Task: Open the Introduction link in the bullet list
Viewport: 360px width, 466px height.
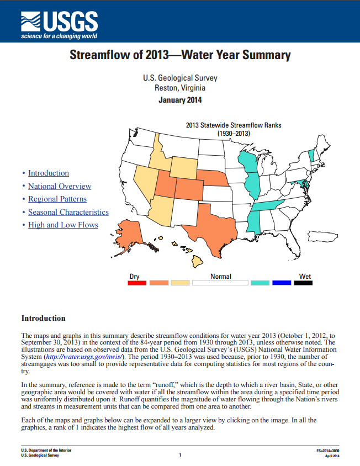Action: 49,173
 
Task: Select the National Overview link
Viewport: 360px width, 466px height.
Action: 60,187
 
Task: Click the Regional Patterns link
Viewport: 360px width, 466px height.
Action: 57,199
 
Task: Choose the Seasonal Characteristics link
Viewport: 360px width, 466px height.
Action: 68,212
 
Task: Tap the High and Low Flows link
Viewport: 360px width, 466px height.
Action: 63,225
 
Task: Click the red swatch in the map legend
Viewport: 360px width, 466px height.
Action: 137,283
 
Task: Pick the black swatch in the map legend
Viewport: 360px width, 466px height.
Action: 303,283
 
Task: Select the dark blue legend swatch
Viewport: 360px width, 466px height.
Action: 282,283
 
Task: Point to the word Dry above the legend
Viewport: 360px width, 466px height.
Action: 135,276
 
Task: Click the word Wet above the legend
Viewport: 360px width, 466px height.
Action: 305,276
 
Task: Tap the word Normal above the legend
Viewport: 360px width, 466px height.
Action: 220,276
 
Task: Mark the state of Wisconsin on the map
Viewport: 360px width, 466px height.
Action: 247,161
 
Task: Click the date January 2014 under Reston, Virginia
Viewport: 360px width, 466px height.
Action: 180,100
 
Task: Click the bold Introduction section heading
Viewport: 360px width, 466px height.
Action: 43,318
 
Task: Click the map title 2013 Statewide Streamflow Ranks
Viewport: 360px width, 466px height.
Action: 234,125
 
